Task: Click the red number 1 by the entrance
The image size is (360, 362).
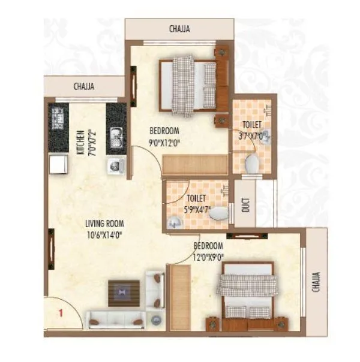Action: (x=61, y=312)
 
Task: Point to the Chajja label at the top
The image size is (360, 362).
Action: (x=179, y=29)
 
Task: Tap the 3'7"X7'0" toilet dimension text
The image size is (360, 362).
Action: (x=252, y=135)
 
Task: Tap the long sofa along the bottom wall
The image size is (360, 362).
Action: (x=115, y=320)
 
